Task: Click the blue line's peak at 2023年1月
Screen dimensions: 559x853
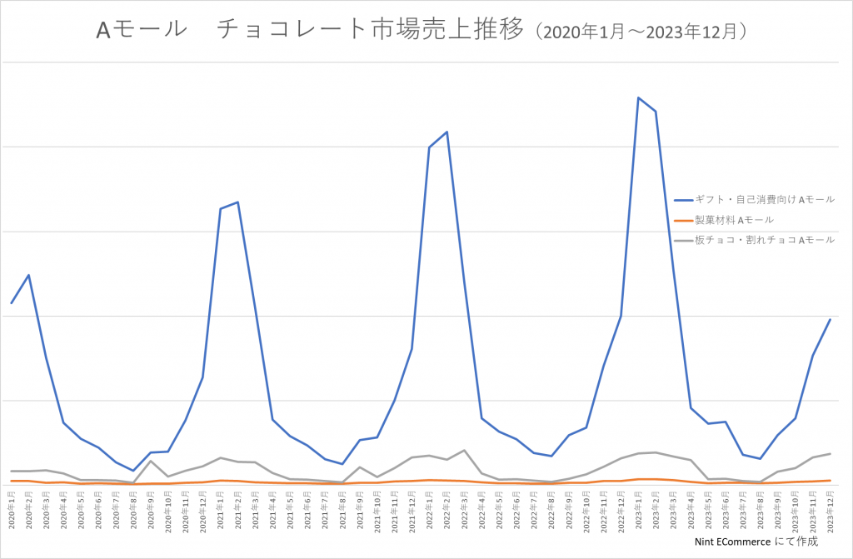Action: tap(638, 97)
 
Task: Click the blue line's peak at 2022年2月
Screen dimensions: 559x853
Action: tap(447, 132)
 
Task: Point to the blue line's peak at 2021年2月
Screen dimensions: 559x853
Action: tap(238, 202)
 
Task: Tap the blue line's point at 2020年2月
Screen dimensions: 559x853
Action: tap(29, 275)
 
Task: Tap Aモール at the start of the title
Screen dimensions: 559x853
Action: tap(142, 31)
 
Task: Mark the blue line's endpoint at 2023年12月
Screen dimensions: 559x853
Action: tap(830, 319)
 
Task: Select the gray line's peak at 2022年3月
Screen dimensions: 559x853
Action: tap(464, 450)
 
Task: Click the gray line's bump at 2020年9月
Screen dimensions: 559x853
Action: tap(151, 461)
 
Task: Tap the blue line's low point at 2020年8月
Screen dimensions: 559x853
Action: tap(133, 471)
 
